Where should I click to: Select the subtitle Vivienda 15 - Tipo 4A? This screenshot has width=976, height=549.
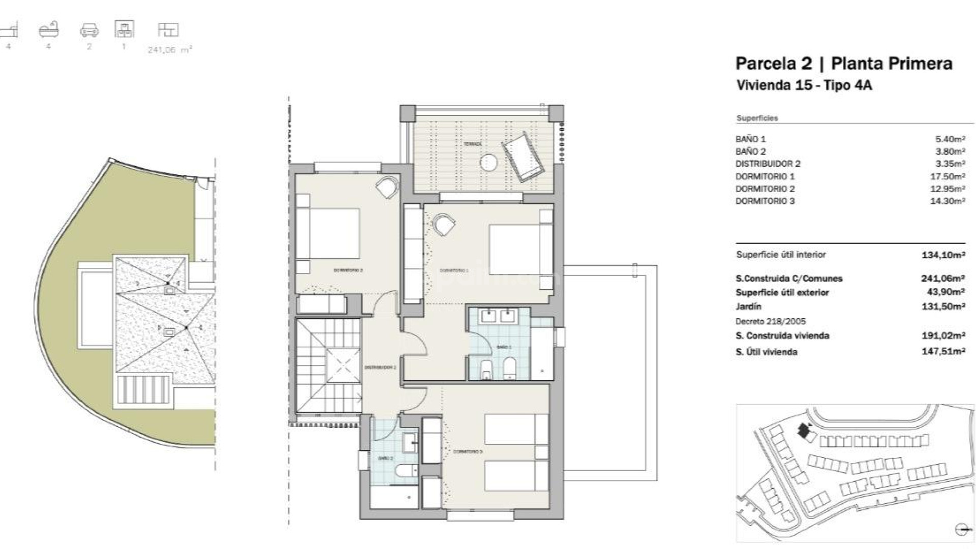tap(804, 85)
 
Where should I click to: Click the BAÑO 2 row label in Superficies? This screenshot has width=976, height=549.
tap(750, 151)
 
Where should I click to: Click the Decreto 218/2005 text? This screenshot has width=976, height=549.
tap(771, 321)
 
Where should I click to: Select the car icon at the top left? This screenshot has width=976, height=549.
tap(89, 31)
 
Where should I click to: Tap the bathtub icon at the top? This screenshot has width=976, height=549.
tap(49, 30)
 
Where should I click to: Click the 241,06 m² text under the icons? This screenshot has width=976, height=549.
tap(169, 50)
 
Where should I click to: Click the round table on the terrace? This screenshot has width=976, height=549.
tap(489, 162)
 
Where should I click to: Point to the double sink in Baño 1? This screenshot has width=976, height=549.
tap(498, 316)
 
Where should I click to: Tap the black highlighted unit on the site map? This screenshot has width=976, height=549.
tap(804, 431)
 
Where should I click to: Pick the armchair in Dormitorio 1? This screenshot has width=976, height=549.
tap(444, 224)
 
